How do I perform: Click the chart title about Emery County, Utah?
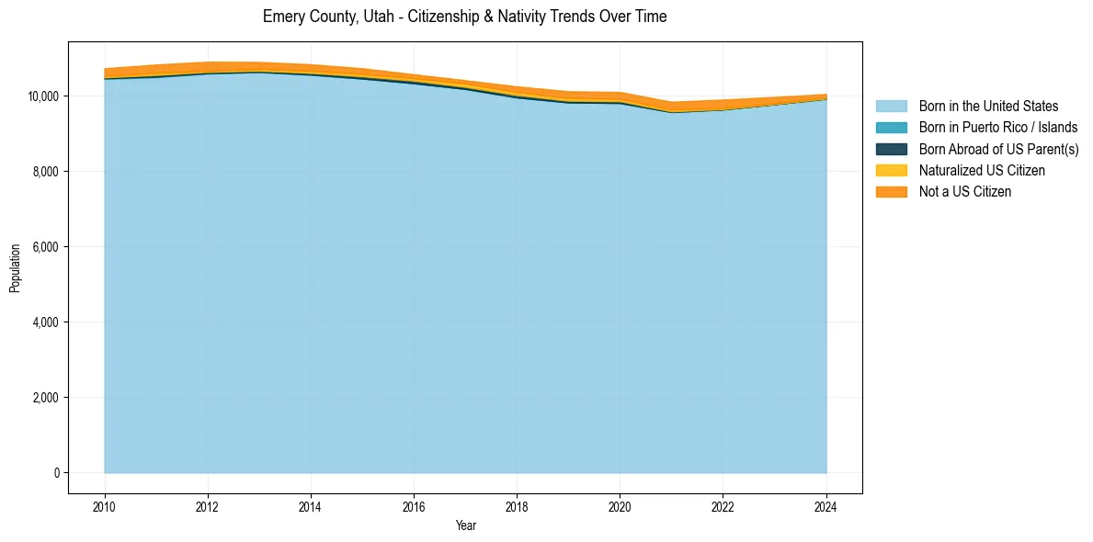pos(464,17)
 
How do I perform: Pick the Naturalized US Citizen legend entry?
pos(982,171)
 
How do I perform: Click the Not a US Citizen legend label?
pos(965,192)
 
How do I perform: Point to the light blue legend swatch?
pos(891,107)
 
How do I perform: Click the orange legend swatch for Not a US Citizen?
pos(891,192)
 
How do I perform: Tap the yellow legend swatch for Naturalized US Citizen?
pos(891,171)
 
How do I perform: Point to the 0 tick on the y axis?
pos(57,473)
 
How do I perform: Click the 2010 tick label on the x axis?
pos(105,505)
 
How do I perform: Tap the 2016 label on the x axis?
pos(414,505)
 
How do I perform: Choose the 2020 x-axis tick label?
pos(620,505)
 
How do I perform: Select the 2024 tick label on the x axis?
pos(826,505)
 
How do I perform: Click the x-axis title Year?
pos(465,525)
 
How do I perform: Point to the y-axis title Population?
pos(15,268)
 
